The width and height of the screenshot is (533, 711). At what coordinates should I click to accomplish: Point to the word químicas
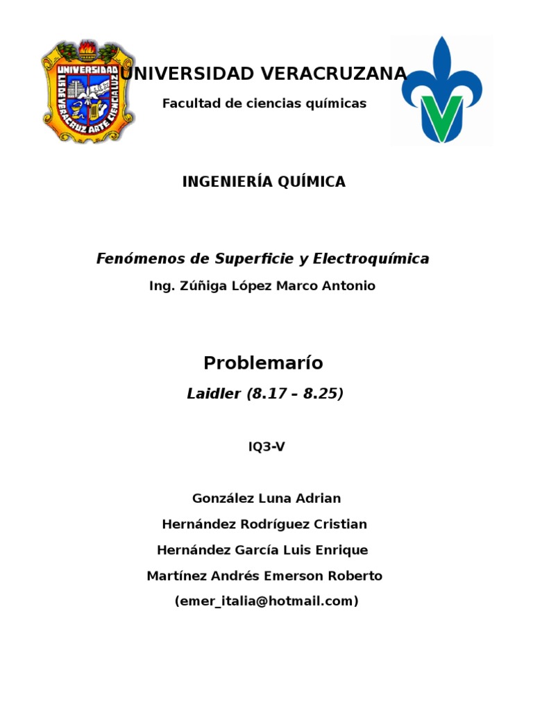pyautogui.click(x=331, y=103)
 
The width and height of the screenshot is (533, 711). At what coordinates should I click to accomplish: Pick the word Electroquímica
pyautogui.click(x=371, y=259)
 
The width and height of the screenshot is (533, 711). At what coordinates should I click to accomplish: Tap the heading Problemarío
pyautogui.click(x=263, y=363)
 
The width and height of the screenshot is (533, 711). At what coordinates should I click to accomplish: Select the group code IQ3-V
pyautogui.click(x=266, y=447)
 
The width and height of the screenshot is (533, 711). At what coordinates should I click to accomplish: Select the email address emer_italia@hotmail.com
pyautogui.click(x=266, y=601)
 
